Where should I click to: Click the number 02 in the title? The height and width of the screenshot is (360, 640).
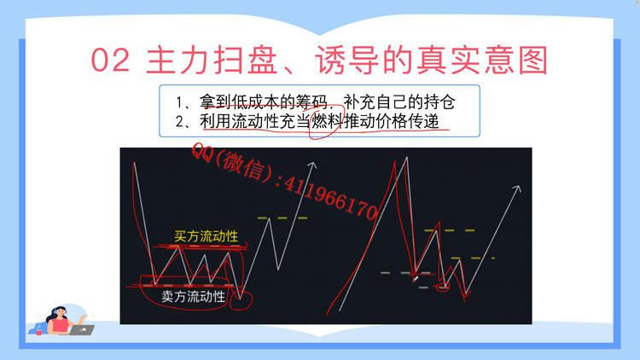point(111,61)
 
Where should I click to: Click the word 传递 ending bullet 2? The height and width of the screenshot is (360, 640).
point(426,122)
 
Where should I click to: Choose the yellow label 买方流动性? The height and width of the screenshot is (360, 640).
point(206,236)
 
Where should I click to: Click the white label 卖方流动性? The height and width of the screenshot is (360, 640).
point(194,296)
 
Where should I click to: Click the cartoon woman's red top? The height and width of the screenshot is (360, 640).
point(61,325)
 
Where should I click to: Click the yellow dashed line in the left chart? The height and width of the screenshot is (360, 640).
point(272,218)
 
